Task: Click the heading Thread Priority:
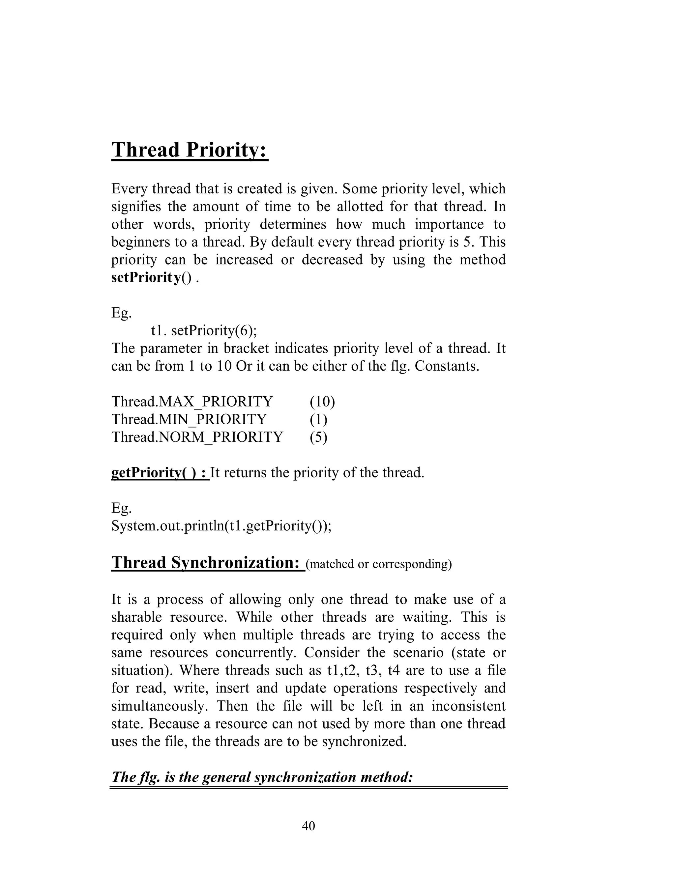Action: pyautogui.click(x=190, y=150)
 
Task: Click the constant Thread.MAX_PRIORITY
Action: pyautogui.click(x=192, y=401)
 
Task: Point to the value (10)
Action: pyautogui.click(x=322, y=401)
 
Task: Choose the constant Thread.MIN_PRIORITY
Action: pyautogui.click(x=189, y=419)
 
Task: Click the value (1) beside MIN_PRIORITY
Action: pyautogui.click(x=318, y=419)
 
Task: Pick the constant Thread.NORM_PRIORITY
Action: pyautogui.click(x=197, y=437)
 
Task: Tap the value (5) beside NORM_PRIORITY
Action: pyautogui.click(x=318, y=437)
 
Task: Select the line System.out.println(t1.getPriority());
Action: pyautogui.click(x=221, y=526)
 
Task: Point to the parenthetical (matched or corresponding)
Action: pyautogui.click(x=378, y=564)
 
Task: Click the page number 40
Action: pyautogui.click(x=308, y=826)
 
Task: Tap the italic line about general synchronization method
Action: pyautogui.click(x=262, y=777)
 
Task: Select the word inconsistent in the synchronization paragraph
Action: pyautogui.click(x=468, y=706)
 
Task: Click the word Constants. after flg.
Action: pyautogui.click(x=447, y=366)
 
